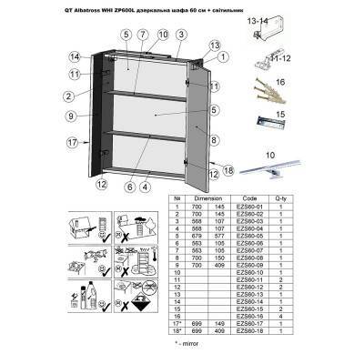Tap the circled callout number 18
pyautogui.click(x=228, y=170)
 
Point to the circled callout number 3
pyautogui.click(x=182, y=34)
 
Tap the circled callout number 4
pyautogui.click(x=146, y=187)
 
